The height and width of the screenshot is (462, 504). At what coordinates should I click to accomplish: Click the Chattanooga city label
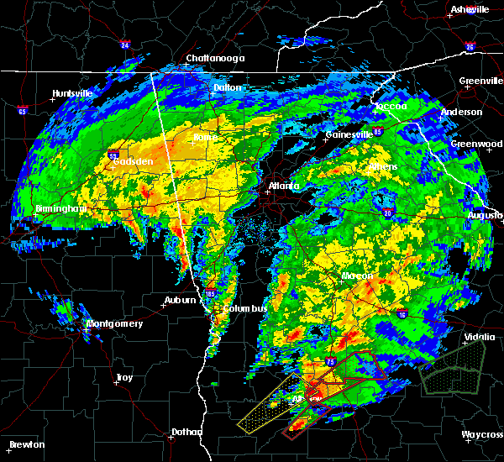[215, 58]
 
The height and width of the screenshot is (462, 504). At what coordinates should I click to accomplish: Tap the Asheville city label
[470, 9]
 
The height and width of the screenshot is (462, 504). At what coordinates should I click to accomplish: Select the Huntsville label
[71, 93]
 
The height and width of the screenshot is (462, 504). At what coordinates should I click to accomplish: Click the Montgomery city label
[115, 323]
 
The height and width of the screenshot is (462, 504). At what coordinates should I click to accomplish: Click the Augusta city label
[485, 216]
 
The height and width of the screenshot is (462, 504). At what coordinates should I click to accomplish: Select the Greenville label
[481, 81]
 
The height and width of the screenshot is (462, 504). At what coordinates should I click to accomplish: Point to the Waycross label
[482, 434]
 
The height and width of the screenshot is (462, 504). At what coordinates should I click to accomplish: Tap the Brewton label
[28, 444]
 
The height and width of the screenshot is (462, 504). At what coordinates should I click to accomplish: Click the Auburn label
[180, 299]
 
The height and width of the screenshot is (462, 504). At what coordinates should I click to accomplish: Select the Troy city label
[124, 378]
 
